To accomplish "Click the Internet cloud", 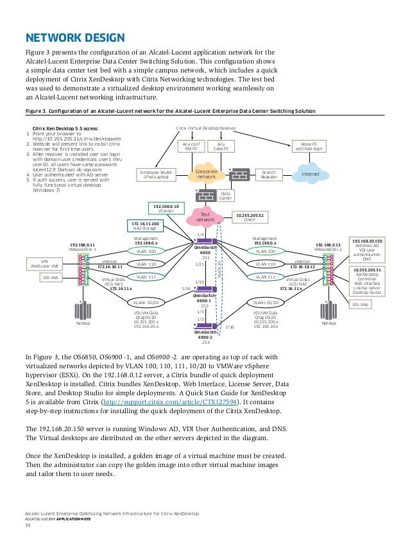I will click(x=311, y=174).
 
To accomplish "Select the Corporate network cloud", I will click(x=206, y=174).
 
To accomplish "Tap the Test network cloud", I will click(x=205, y=217).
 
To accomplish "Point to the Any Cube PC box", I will click(x=221, y=146).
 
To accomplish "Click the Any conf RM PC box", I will click(x=190, y=146).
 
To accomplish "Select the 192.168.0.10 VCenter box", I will click(x=166, y=208).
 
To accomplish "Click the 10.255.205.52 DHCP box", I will click(x=251, y=218).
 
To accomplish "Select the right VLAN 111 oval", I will click(x=265, y=277).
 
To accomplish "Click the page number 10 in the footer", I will click(x=28, y=525).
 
